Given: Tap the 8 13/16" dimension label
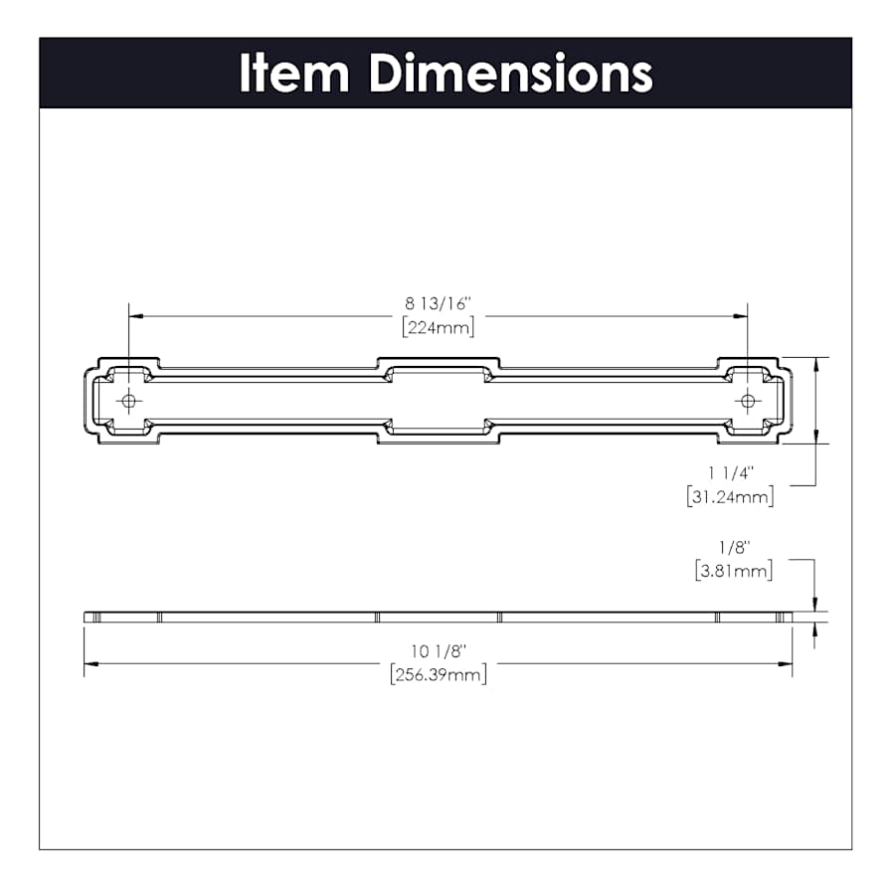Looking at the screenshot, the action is point(439,303).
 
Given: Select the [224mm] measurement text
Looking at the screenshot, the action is point(439,327).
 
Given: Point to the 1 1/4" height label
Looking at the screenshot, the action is point(731,473).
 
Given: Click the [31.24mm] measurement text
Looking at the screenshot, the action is point(731,496).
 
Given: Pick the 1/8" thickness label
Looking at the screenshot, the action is point(734,548).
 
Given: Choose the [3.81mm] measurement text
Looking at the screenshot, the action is point(734,571).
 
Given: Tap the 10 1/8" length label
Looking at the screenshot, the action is point(439,651).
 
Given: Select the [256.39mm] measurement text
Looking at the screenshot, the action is point(439,674).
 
